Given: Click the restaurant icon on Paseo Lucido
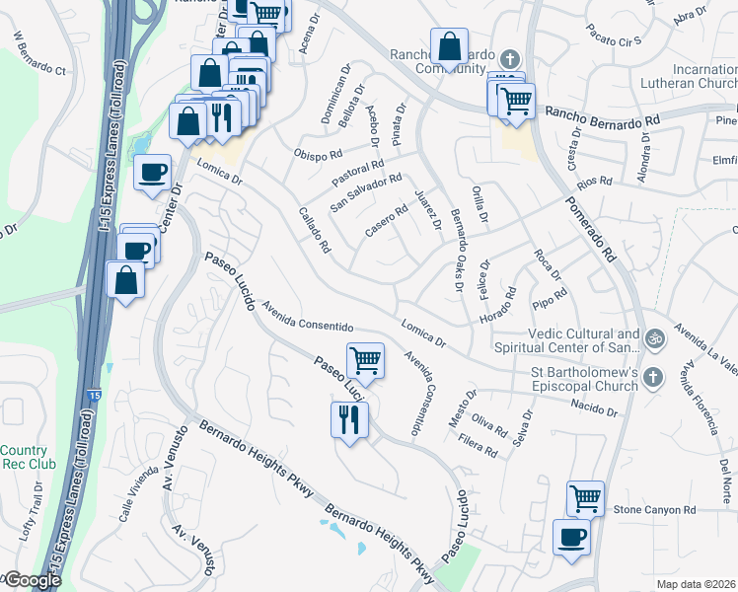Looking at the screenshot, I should click(349, 420).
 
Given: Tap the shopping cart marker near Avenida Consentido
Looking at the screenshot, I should click(365, 360).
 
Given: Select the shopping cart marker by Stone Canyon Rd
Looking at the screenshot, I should click(585, 498).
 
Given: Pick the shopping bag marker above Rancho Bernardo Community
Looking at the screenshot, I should click(449, 46).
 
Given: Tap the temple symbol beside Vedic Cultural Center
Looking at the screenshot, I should click(653, 340).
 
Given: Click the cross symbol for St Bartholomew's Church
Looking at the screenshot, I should click(653, 377).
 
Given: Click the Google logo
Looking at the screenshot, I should click(32, 580).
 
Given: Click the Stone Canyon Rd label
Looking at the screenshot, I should click(655, 510).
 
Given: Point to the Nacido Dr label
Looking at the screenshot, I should click(592, 408).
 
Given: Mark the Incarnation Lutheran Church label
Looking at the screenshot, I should click(690, 78).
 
